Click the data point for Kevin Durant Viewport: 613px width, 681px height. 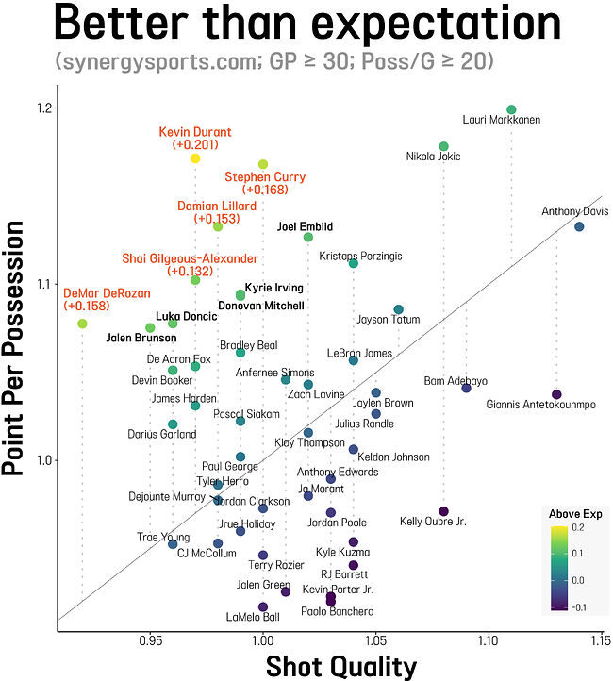(195, 158)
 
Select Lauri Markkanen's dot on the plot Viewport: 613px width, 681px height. (511, 110)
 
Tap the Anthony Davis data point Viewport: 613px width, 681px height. (579, 226)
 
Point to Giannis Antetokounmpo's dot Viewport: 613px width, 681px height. (556, 394)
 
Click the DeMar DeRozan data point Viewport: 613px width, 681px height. (82, 324)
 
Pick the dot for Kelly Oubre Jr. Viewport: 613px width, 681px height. (444, 511)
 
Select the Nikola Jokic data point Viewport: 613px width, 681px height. (444, 146)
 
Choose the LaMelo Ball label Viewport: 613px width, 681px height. (253, 618)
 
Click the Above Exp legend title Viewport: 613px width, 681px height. (575, 514)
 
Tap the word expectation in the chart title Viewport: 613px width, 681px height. (428, 26)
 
